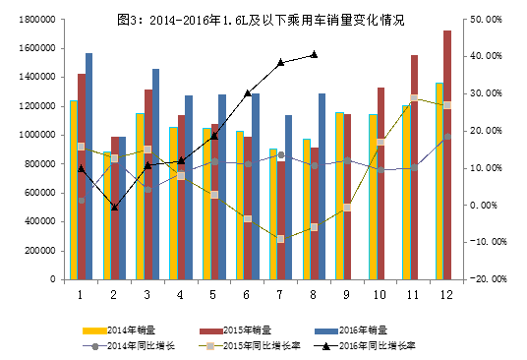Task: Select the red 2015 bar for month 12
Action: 448,157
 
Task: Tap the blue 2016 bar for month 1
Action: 88,167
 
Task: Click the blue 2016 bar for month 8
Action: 321,187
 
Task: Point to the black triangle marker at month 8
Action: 314,54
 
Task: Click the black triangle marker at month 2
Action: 114,208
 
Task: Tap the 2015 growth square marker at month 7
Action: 280,239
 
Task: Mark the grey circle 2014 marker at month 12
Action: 447,138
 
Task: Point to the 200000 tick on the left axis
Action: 37,251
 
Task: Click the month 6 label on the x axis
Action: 247,293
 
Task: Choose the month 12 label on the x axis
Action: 447,293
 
